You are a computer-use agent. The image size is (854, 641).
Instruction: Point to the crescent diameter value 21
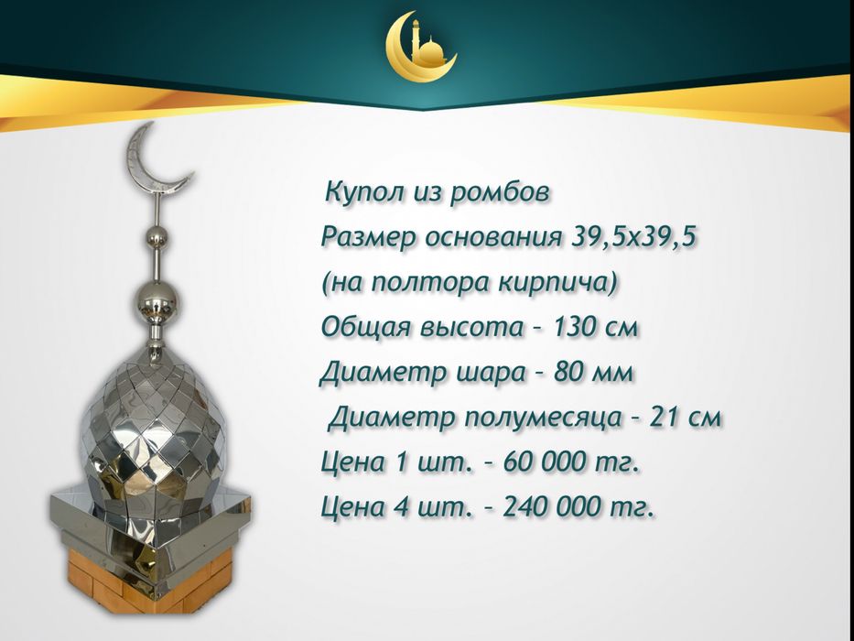[x=664, y=418]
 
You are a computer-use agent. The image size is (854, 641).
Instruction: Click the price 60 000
[x=535, y=462]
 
